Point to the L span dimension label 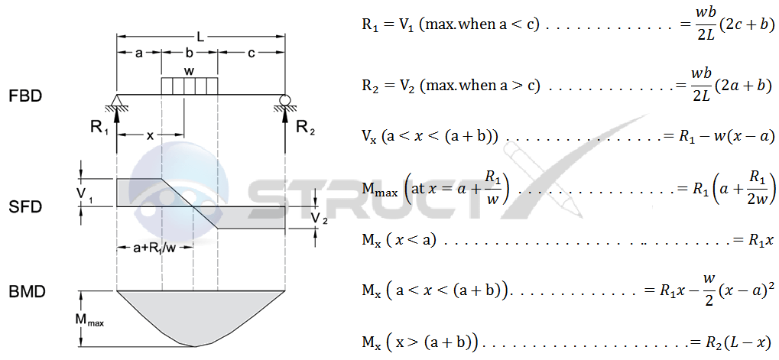click(200, 37)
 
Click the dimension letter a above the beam click(138, 54)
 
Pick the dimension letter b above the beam click(190, 54)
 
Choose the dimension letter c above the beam click(251, 54)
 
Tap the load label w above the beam click(189, 70)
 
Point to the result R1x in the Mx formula click(761, 240)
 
